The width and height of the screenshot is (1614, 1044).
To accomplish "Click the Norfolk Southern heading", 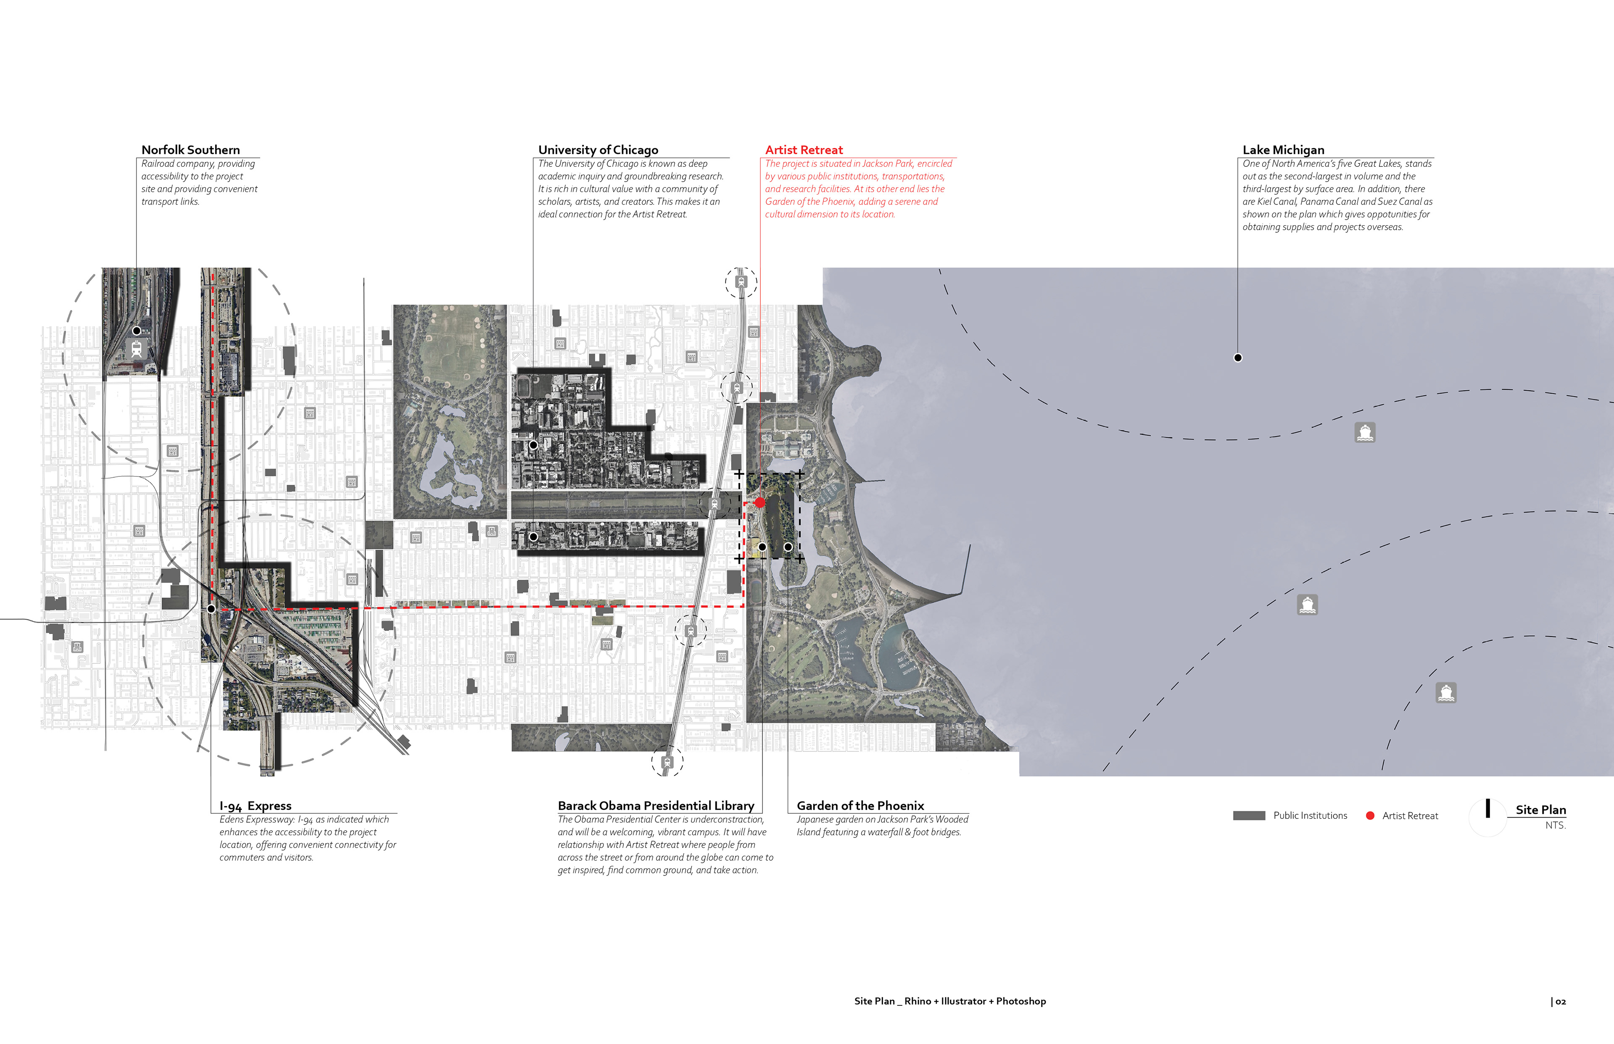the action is (x=190, y=150).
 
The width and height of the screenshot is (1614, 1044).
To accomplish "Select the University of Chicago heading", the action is (x=597, y=150).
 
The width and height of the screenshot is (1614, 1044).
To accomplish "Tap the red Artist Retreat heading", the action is (x=804, y=150).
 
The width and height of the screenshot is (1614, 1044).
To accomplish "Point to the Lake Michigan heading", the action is (x=1283, y=150).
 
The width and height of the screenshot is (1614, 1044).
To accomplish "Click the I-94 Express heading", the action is (x=255, y=806).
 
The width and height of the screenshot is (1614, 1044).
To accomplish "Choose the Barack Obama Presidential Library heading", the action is (x=656, y=806).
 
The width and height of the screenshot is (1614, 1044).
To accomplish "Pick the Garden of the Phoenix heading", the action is (x=860, y=806).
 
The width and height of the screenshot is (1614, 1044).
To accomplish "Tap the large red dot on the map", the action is (x=760, y=502).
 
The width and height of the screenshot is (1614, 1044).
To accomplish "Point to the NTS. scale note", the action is (x=1555, y=826).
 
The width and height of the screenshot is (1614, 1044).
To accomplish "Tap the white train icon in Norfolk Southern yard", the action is (x=136, y=349).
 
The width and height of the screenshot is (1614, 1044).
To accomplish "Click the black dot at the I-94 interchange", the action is (x=211, y=609).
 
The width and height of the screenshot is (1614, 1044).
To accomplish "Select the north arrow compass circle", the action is (x=1487, y=817).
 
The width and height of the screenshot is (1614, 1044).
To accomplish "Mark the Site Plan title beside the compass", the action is (x=1541, y=810).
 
